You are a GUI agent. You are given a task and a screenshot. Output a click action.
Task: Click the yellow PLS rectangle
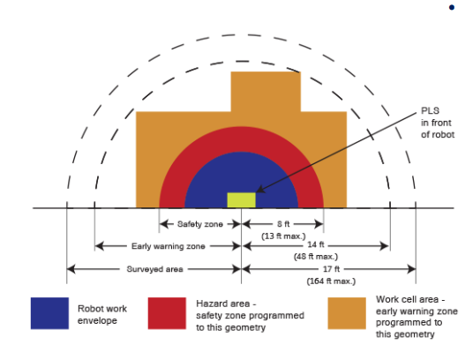pos(242,200)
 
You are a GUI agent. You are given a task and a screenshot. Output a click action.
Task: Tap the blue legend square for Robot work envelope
pos(49,313)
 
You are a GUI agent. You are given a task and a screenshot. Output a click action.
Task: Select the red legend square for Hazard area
pos(167,313)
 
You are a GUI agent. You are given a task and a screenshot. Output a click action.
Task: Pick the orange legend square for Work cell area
pos(347,313)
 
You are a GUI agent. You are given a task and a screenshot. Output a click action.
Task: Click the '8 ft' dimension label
pos(283,224)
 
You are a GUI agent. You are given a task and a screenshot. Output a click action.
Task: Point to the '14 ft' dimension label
pos(316,244)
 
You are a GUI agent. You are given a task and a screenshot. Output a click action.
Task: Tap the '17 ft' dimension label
pos(331,269)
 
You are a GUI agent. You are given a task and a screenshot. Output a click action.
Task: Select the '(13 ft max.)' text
pos(283,236)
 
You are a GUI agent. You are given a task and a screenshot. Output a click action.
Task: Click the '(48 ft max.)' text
pos(316,256)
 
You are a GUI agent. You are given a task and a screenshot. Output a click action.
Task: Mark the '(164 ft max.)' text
pos(331,281)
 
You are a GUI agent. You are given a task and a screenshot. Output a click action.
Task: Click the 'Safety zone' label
pos(200,224)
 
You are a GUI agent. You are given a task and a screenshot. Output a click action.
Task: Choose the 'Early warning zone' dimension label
pos(169,246)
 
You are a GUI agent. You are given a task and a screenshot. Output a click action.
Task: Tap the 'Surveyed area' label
pos(154,269)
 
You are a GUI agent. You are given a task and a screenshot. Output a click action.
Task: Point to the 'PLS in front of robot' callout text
pos(438,123)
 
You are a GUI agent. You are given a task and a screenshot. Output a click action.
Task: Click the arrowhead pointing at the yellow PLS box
pos(260,189)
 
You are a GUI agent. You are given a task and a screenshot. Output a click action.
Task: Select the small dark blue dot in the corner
pos(452,7)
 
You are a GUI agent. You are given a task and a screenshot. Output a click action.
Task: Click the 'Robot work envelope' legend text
pos(102,314)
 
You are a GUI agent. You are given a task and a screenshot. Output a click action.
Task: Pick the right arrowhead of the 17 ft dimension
pos(412,269)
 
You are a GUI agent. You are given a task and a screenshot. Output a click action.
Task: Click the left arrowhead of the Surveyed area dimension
pos(71,269)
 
